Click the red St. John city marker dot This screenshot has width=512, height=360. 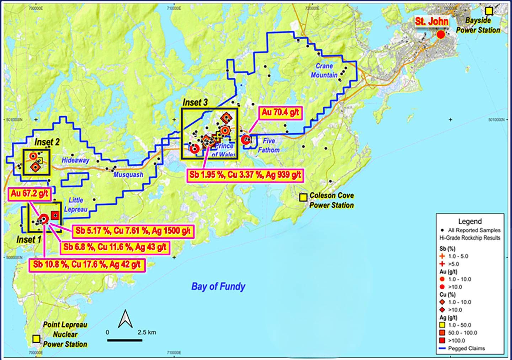pyautogui.click(x=441, y=34)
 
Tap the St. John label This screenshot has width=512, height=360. pyautogui.click(x=431, y=21)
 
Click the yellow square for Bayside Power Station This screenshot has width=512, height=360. pyautogui.click(x=489, y=11)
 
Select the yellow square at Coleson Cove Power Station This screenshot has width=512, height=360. pyautogui.click(x=303, y=198)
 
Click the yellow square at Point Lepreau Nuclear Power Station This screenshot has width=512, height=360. pyautogui.click(x=36, y=339)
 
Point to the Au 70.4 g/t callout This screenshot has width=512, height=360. pyautogui.click(x=281, y=113)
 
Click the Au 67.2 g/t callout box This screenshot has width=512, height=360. pyautogui.click(x=30, y=194)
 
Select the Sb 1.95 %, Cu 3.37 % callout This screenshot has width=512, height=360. pyautogui.click(x=245, y=175)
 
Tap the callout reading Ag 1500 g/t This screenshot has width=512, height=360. pyautogui.click(x=133, y=231)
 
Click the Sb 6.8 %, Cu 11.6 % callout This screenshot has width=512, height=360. pyautogui.click(x=115, y=247)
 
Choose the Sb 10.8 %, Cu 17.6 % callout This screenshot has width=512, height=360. pyautogui.click(x=87, y=265)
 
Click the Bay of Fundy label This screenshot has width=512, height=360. pyautogui.click(x=218, y=286)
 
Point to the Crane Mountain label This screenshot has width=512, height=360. pyautogui.click(x=324, y=70)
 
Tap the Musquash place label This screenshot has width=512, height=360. pyautogui.click(x=128, y=174)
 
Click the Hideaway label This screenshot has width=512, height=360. pyautogui.click(x=75, y=160)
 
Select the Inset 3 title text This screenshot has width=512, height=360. pyautogui.click(x=195, y=103)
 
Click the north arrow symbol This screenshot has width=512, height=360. pyautogui.click(x=125, y=319)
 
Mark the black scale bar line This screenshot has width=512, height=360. pyautogui.click(x=125, y=340)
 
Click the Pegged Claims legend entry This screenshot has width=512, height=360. pyautogui.click(x=466, y=348)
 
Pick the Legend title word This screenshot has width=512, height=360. pyautogui.click(x=470, y=221)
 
